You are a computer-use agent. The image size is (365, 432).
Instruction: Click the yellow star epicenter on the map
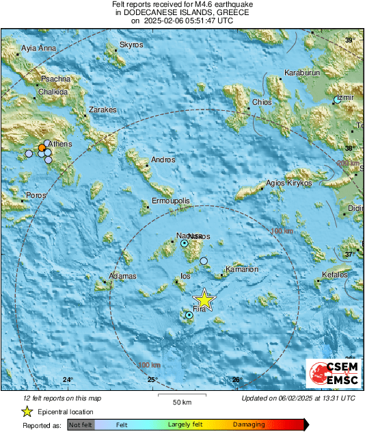coord(204,300)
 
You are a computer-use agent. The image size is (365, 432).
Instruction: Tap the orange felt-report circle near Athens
coord(42,147)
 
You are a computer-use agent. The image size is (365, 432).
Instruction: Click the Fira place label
coord(200,310)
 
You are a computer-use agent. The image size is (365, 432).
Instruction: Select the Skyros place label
coord(131,45)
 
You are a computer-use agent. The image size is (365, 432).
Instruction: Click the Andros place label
coord(163,160)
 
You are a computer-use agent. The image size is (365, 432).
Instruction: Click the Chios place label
coord(262,102)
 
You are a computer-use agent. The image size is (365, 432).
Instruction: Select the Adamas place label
coord(122,276)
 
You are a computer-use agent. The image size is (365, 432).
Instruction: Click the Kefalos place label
coord(334,275)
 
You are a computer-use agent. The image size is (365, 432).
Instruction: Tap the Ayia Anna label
coord(38,49)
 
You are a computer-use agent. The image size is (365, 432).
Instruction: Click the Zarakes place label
coord(103,110)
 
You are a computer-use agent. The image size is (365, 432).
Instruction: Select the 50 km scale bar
coord(181,395)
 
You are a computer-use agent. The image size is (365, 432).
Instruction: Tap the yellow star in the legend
coord(27,411)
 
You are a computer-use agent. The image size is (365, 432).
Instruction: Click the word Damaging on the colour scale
coord(249,424)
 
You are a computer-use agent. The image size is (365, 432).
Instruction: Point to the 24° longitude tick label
coord(68,380)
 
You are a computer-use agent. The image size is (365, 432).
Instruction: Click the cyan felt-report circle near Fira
coord(189,315)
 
